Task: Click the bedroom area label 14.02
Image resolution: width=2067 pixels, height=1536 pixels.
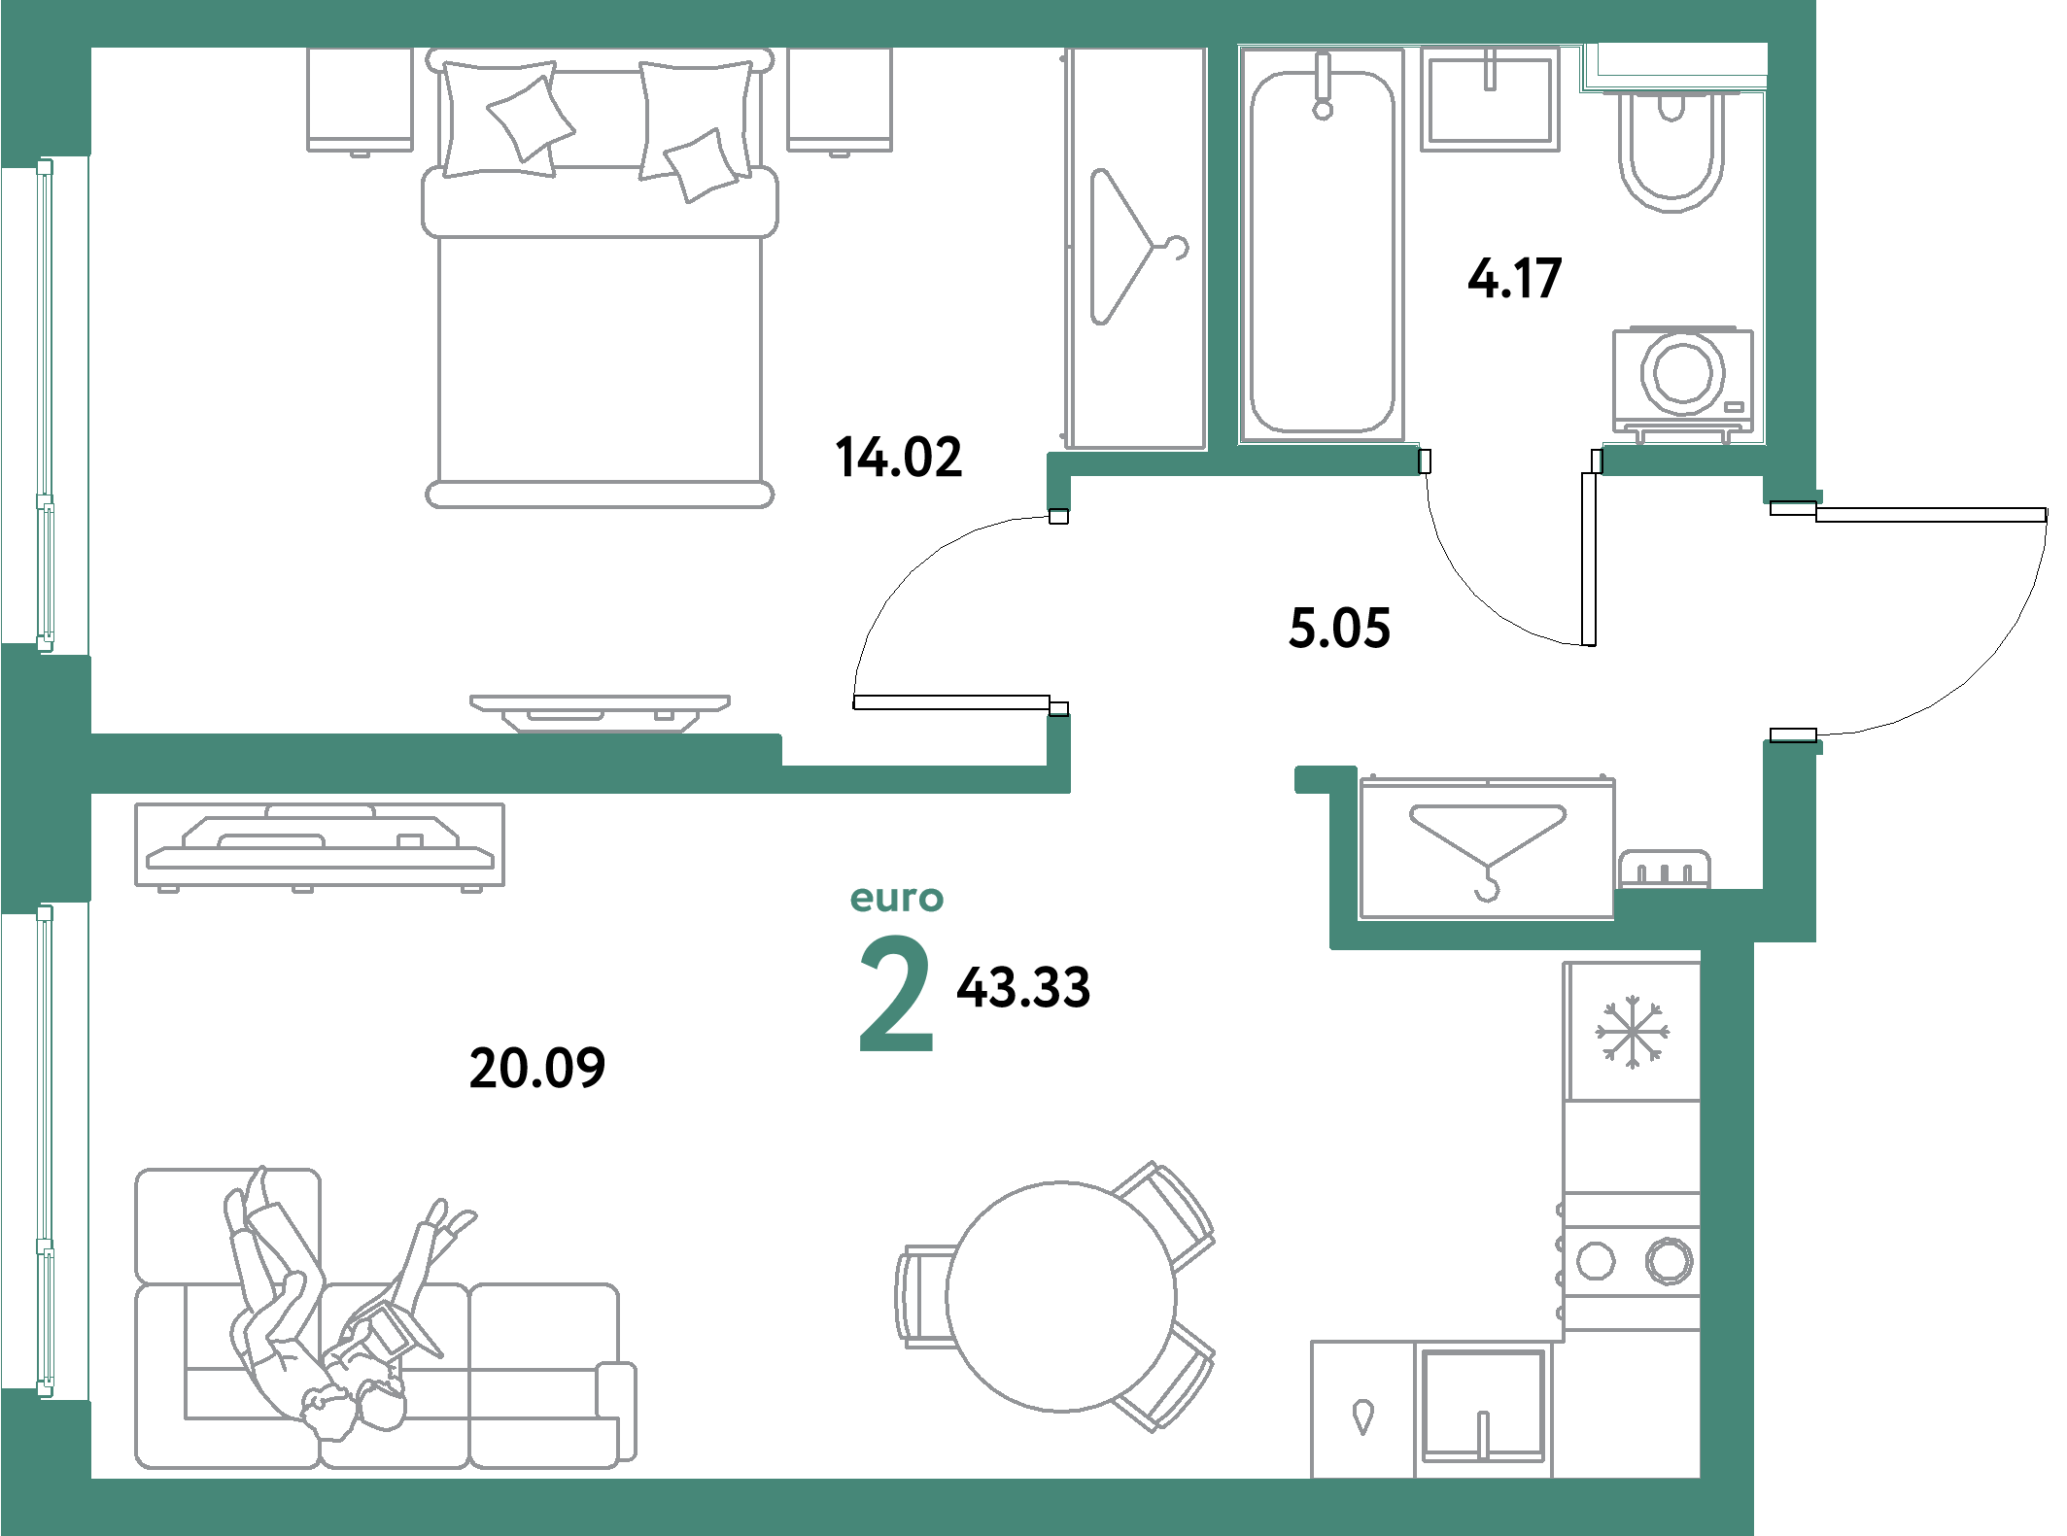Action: pos(899,457)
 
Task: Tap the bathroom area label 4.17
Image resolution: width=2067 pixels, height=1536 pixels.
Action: pos(1514,279)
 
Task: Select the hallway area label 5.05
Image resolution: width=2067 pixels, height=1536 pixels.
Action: pos(1339,628)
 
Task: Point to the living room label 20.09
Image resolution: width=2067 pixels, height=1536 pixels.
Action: pos(536,1068)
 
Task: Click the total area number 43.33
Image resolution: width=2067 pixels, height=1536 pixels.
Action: pos(1023,987)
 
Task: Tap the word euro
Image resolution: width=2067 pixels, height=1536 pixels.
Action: pos(896,899)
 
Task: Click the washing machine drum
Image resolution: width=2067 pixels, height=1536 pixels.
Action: pos(1682,373)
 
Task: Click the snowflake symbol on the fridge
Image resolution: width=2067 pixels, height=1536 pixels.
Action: pos(1632,1032)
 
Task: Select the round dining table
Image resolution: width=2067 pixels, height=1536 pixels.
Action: pos(1060,1296)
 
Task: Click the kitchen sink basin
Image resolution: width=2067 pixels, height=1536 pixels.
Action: pos(1483,1404)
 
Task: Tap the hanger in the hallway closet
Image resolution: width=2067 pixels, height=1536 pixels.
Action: pos(1487,840)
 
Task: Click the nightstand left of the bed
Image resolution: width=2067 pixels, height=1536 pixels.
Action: pos(360,99)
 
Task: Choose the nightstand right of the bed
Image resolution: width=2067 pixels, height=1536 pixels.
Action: pos(840,99)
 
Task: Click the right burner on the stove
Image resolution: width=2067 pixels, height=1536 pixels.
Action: pos(1669,1261)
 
